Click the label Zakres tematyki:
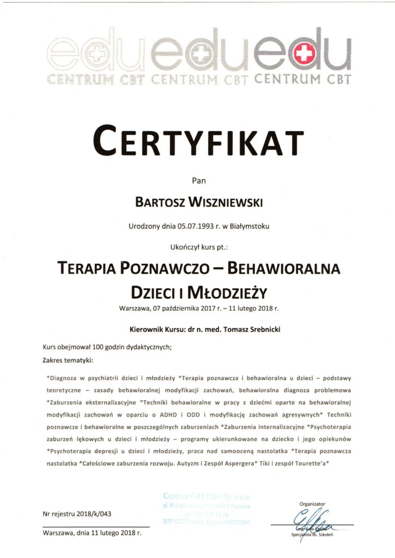tap(68, 360)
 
